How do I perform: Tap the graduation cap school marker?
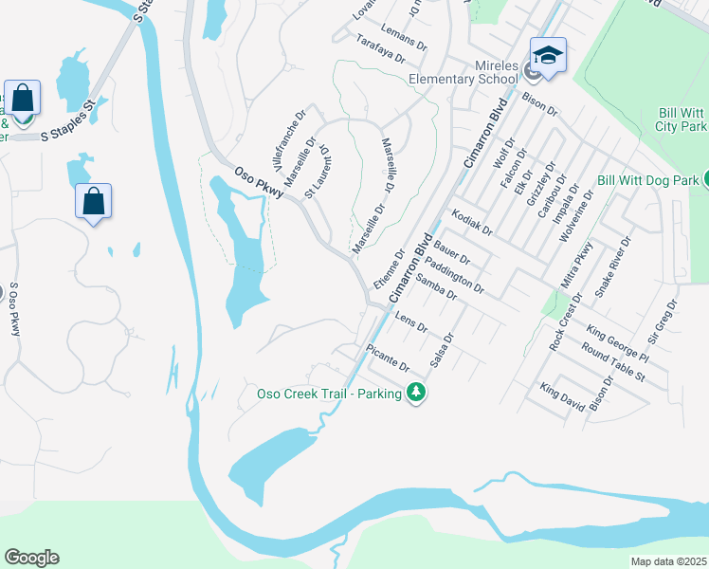547,56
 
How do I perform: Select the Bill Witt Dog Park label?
648,179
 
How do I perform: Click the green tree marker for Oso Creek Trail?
415,392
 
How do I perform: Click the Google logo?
31,558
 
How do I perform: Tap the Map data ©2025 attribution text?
668,561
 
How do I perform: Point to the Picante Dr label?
390,361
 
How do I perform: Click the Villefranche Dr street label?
288,138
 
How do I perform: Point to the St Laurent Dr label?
316,172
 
